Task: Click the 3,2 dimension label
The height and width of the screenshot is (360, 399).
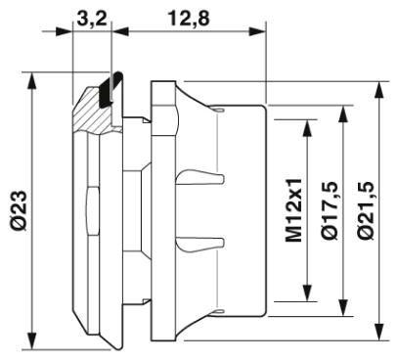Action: point(92,19)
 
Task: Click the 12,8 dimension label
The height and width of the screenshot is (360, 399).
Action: point(189,19)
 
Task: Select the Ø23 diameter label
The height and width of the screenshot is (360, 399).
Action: point(19,210)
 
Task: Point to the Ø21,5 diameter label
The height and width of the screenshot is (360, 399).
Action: point(366,211)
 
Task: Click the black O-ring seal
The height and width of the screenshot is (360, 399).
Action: point(110,89)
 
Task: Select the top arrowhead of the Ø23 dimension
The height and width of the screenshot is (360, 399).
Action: point(31,81)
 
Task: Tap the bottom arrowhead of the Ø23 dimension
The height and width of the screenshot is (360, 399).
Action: point(31,340)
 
